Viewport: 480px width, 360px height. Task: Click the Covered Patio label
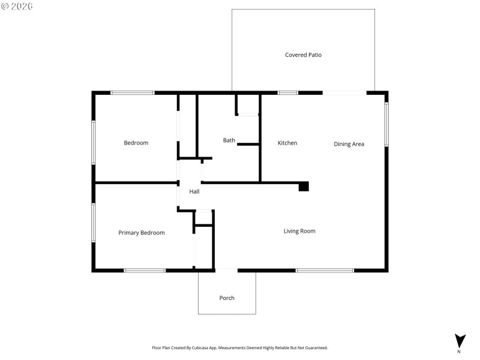click(303, 55)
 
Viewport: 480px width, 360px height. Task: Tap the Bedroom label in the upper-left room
click(136, 143)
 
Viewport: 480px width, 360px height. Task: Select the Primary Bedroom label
click(141, 233)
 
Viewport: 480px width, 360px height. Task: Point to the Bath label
click(229, 140)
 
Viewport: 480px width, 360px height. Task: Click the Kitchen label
click(287, 143)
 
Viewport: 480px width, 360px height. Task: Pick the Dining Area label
click(349, 144)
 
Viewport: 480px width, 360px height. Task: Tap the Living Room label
click(299, 231)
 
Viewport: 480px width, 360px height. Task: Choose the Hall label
click(194, 192)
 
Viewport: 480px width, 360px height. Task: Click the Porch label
click(227, 298)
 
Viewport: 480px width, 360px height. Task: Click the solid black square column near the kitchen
click(304, 187)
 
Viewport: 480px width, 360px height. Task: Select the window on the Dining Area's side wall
click(386, 124)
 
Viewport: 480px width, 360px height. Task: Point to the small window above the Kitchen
click(288, 93)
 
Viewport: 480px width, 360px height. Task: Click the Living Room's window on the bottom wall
click(325, 271)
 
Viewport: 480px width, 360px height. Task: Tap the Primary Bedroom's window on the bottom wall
click(145, 271)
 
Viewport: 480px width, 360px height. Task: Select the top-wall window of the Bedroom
click(133, 93)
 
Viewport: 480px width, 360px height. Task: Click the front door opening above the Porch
click(226, 269)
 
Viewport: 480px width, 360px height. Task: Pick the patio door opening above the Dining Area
click(344, 93)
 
